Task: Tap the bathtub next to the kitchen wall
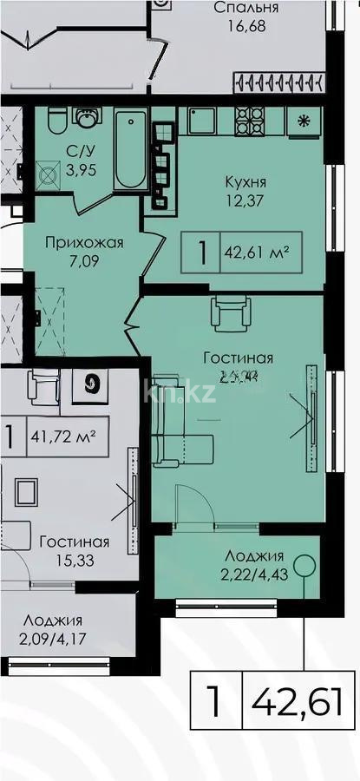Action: (x=131, y=149)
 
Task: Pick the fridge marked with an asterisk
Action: (x=304, y=121)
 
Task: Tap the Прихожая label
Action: (x=84, y=243)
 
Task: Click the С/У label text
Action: (x=76, y=150)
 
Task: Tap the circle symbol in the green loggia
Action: (x=301, y=567)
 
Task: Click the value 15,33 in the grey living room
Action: (x=74, y=561)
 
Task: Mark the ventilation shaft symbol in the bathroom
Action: (x=49, y=171)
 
